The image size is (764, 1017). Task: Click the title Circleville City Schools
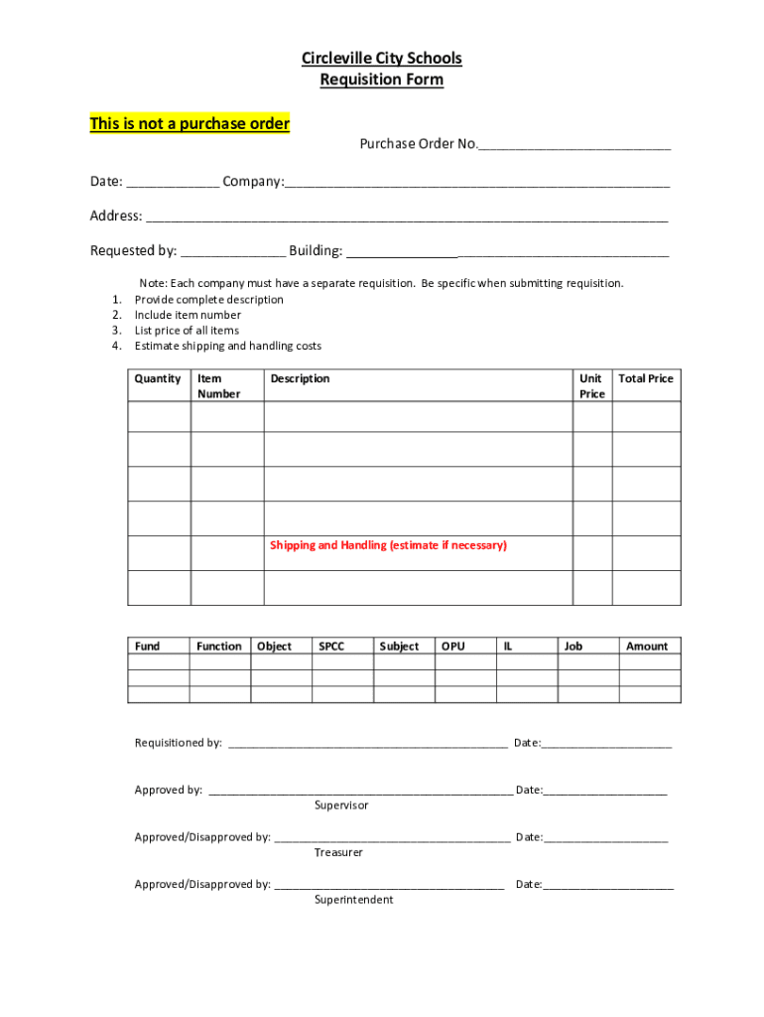point(381,59)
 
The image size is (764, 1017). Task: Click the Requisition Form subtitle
point(381,80)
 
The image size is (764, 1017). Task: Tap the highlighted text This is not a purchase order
point(190,124)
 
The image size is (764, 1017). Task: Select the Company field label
point(253,182)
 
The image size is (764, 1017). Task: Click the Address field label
point(116,217)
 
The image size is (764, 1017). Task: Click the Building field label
point(316,251)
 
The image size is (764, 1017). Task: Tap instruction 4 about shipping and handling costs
point(227,347)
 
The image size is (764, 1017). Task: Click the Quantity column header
point(158,378)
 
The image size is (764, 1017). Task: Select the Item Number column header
point(218,386)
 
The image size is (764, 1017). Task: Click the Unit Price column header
point(591,386)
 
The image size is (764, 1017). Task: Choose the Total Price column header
point(645,378)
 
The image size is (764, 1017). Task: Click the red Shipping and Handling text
point(388,545)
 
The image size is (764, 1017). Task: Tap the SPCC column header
point(330,647)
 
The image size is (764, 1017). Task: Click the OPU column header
point(452,647)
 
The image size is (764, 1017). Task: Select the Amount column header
point(646,647)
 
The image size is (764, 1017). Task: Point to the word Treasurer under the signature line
point(338,853)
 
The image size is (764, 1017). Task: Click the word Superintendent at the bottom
point(353,900)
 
